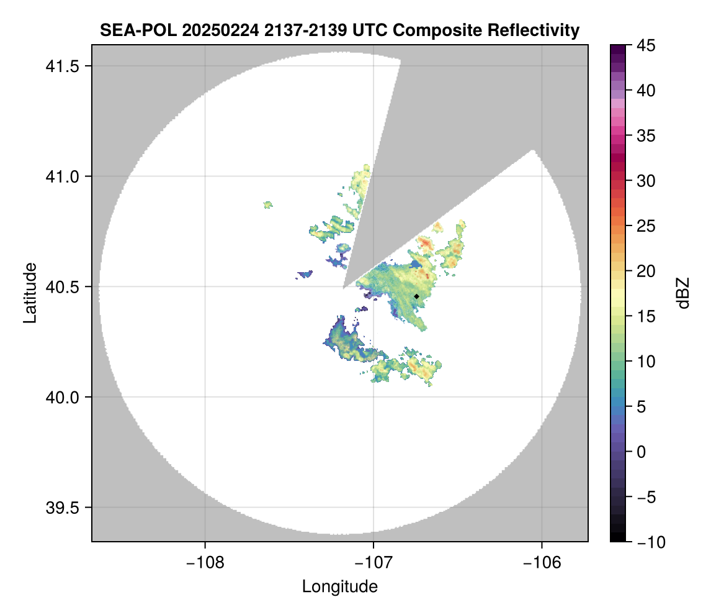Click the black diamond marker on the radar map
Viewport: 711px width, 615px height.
[x=416, y=296]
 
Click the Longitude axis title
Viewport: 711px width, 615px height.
[x=340, y=586]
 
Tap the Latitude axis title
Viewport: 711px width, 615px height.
[x=29, y=293]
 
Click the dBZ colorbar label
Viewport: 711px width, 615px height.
[x=683, y=293]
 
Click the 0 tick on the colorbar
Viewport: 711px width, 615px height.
[x=645, y=452]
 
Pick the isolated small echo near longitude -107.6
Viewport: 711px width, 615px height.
[x=268, y=204]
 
